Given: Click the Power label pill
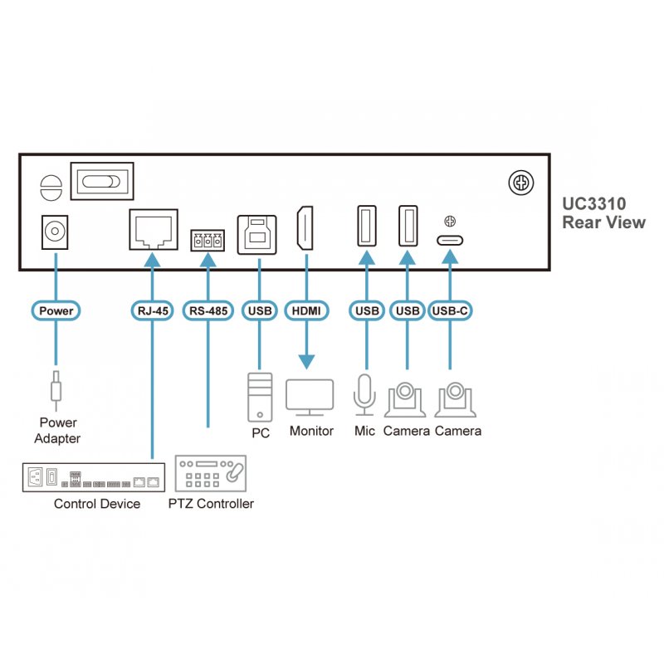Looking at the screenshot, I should pyautogui.click(x=56, y=311).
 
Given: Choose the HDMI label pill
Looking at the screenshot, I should pyautogui.click(x=305, y=311).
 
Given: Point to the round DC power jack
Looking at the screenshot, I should pyautogui.click(x=56, y=232).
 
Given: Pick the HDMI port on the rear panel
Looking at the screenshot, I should pyautogui.click(x=305, y=228).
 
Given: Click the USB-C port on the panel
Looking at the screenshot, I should pyautogui.click(x=450, y=241).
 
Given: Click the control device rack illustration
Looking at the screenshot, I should pyautogui.click(x=93, y=477).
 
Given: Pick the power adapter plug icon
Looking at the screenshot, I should pyautogui.click(x=56, y=388).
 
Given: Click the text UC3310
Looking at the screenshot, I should pyautogui.click(x=593, y=203).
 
